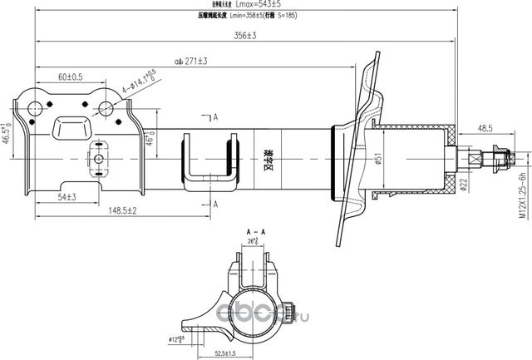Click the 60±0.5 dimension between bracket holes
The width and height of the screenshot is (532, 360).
(x=70, y=76)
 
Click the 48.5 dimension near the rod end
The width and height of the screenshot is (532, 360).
(x=485, y=129)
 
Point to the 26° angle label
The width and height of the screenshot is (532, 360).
(x=251, y=242)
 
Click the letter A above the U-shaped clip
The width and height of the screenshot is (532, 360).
(x=214, y=117)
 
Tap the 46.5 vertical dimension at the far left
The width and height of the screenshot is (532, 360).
(x=7, y=133)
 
